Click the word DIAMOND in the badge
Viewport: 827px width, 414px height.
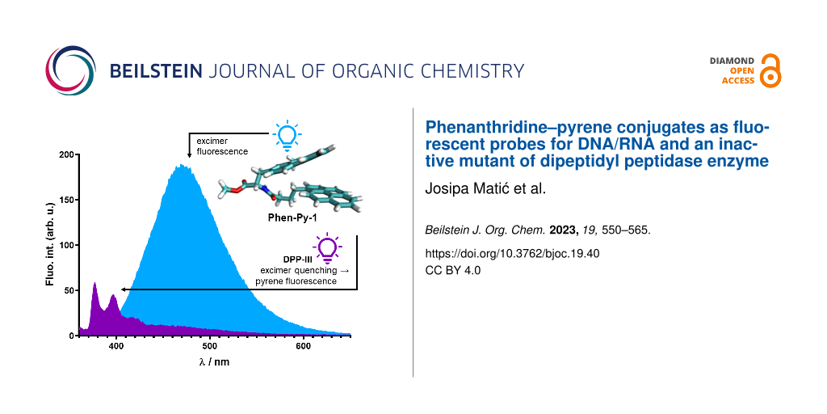tap(732, 61)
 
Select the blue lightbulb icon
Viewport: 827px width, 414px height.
tap(286, 133)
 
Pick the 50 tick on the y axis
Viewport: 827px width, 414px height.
tap(69, 290)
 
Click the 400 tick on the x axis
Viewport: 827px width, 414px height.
tap(116, 346)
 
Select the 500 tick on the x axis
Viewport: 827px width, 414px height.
tap(210, 346)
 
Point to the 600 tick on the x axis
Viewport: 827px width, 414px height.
tap(304, 346)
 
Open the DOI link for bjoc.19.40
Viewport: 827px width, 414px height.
tap(512, 253)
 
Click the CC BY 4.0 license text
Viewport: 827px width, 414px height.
tap(452, 270)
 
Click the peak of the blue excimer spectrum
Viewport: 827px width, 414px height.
tap(183, 166)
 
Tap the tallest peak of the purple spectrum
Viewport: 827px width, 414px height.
tap(95, 284)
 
